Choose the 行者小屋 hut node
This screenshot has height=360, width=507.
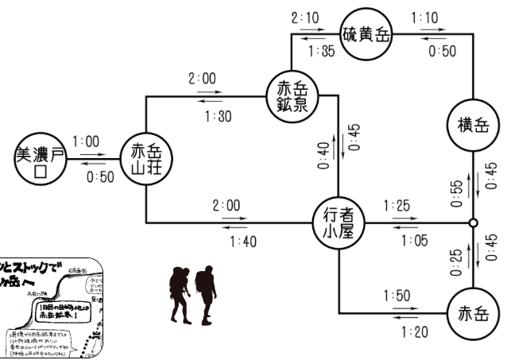(x=339, y=222)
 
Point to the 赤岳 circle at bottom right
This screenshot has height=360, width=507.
(x=473, y=312)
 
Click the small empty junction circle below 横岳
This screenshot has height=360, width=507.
(x=473, y=223)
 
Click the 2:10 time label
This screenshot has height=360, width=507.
(x=306, y=16)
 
